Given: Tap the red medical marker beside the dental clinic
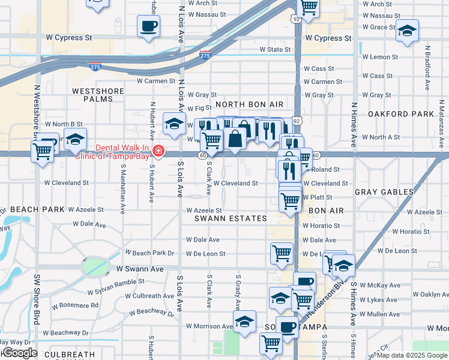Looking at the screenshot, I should point(158,150).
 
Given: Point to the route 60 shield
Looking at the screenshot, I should point(203,155).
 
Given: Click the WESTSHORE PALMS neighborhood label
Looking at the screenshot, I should point(98,95).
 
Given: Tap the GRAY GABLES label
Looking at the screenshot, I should point(384,192).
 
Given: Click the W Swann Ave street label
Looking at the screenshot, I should point(140,269).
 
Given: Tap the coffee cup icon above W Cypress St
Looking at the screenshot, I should point(148,26).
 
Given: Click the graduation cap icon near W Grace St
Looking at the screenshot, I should point(407,31).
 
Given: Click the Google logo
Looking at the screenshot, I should point(19,353).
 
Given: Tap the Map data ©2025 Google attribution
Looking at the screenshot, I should point(412,355).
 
